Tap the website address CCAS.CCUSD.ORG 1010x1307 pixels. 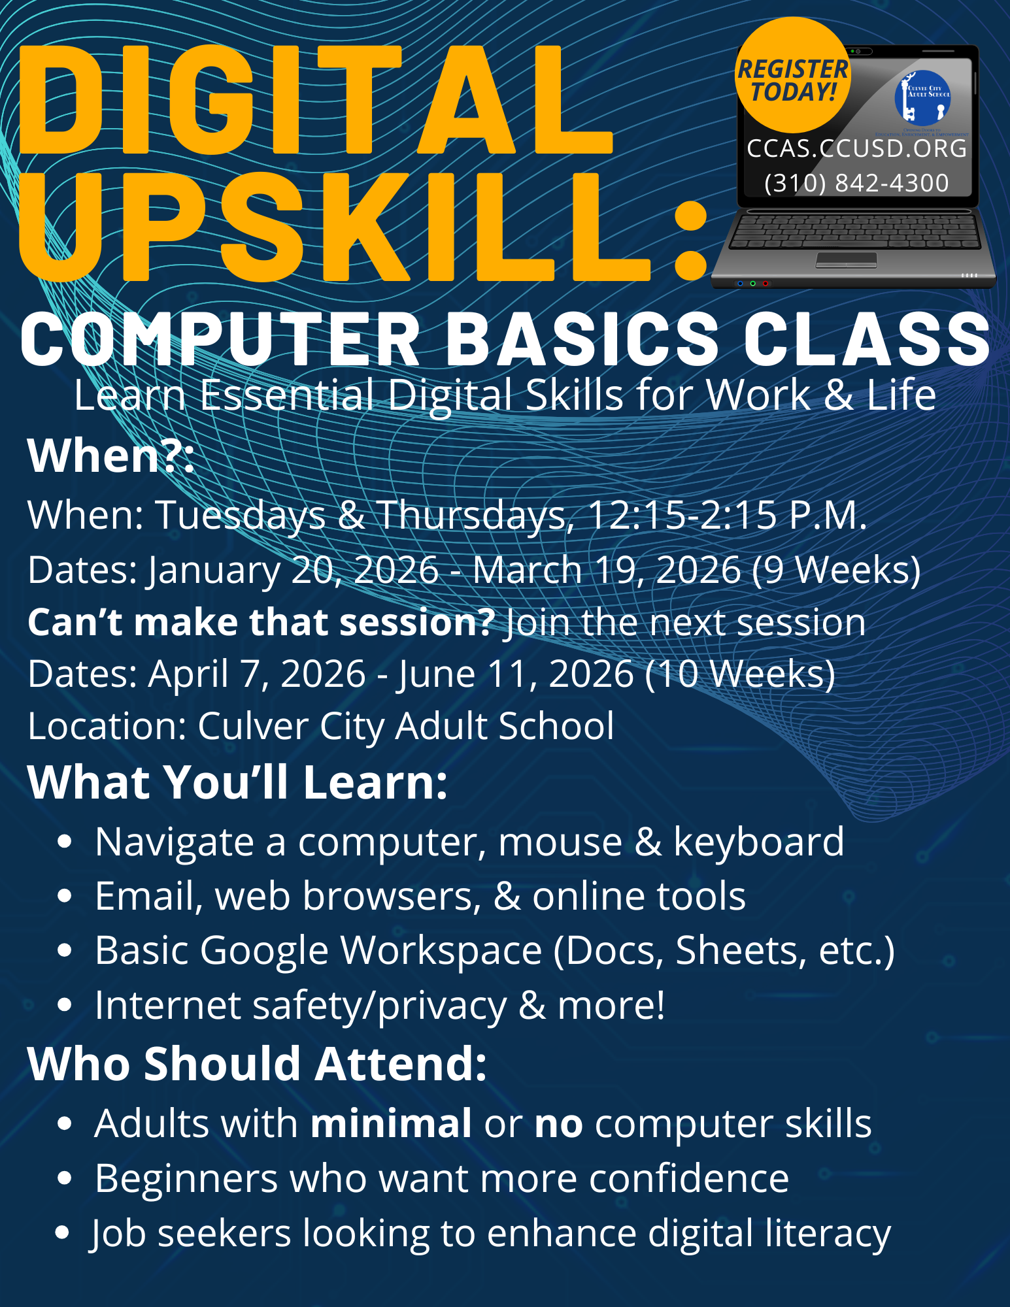(857, 149)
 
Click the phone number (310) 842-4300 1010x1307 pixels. (856, 183)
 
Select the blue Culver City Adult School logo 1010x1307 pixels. (922, 98)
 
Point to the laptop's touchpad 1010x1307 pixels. (846, 260)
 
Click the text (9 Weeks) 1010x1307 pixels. (836, 570)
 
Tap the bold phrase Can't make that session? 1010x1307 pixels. (261, 621)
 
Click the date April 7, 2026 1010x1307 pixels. (257, 674)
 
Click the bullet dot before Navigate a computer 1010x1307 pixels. (64, 842)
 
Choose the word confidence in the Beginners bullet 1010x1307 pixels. (689, 1178)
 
